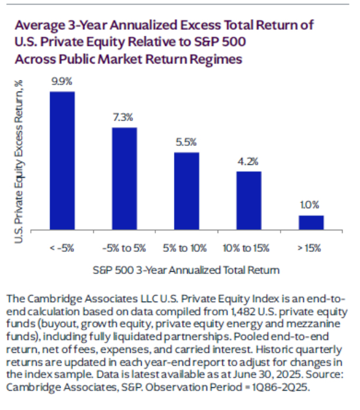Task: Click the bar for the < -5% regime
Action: [x=62, y=160]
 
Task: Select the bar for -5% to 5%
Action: [x=124, y=178]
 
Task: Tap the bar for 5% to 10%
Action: [x=187, y=191]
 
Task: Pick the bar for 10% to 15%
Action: [x=249, y=201]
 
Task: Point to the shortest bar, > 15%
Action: [x=311, y=222]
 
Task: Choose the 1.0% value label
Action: [x=311, y=206]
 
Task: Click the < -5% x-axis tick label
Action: [x=62, y=248]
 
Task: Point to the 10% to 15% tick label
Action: [x=249, y=248]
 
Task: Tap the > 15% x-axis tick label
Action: [x=310, y=248]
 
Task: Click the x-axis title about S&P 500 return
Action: [x=186, y=270]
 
